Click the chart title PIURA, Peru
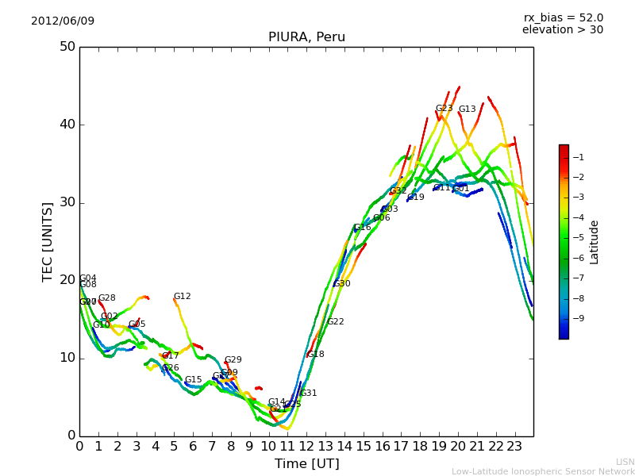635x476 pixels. pyautogui.click(x=306, y=37)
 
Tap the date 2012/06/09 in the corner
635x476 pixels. pyautogui.click(x=63, y=21)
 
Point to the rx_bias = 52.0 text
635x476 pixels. pyautogui.click(x=563, y=17)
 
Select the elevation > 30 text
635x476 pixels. pyautogui.click(x=562, y=30)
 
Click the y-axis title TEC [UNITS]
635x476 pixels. pyautogui.click(x=48, y=241)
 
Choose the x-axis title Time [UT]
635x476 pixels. pyautogui.click(x=306, y=463)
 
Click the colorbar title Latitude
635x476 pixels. pyautogui.click(x=595, y=242)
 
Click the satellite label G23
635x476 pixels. pyautogui.click(x=444, y=109)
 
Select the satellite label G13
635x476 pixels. pyautogui.click(x=467, y=109)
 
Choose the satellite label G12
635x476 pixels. pyautogui.click(x=182, y=297)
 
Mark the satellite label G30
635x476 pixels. pyautogui.click(x=341, y=284)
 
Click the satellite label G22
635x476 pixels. pyautogui.click(x=336, y=322)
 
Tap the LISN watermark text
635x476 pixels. pyautogui.click(x=625, y=462)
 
